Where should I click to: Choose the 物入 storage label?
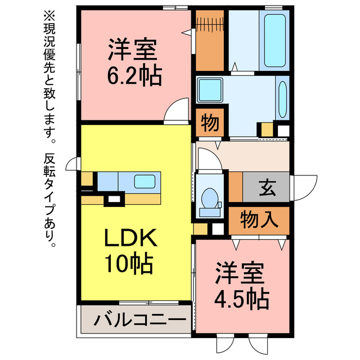(x=259, y=219)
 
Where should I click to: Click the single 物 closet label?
(x=211, y=123)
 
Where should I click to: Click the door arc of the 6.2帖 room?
(x=175, y=108)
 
